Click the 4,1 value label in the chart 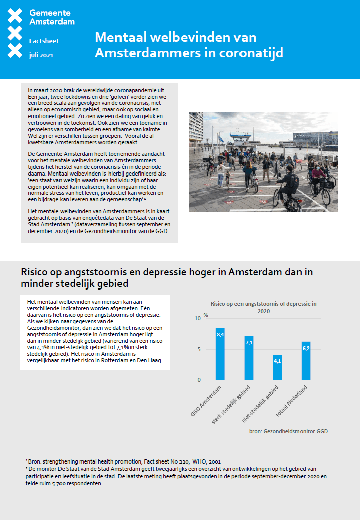[277, 361]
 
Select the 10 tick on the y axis [198, 318]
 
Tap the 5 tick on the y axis [199, 349]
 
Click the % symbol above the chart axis [206, 315]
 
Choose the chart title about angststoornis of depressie [263, 307]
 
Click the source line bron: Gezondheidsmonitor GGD [288, 431]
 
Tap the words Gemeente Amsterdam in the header [52, 17]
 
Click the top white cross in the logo [15, 16]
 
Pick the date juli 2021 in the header [41, 55]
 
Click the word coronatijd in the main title [248, 52]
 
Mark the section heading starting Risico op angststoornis [167, 278]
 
